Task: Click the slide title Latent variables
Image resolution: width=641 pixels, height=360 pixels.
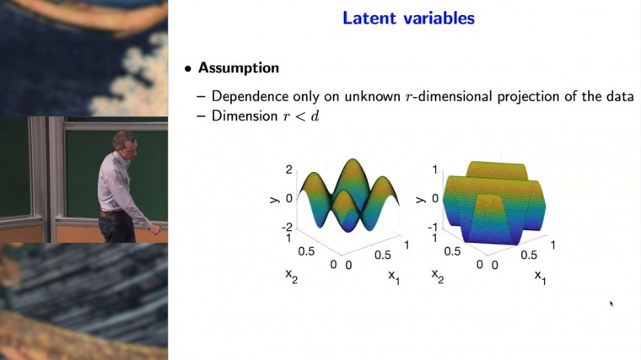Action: (408, 18)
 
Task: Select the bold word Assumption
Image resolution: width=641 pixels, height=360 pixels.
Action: (238, 67)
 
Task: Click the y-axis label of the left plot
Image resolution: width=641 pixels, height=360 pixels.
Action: (272, 198)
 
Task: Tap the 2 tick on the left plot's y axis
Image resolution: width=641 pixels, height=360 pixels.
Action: (288, 169)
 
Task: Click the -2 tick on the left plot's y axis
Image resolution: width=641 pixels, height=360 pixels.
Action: (287, 227)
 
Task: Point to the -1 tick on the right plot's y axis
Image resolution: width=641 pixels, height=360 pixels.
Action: (431, 227)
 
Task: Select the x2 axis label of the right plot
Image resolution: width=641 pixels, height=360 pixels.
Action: (438, 275)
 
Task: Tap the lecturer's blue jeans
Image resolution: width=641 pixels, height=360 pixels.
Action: (112, 226)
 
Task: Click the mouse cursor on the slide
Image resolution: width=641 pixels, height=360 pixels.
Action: (610, 303)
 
